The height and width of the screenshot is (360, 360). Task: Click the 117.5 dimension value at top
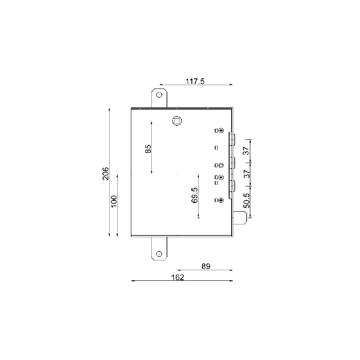tap(195, 81)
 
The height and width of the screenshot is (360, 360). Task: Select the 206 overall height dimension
tap(106, 173)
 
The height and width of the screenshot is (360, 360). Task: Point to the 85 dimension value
tap(148, 149)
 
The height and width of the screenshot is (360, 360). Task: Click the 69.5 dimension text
tap(194, 196)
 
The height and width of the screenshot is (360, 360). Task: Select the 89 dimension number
tap(206, 266)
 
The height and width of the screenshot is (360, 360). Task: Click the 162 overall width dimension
tap(178, 277)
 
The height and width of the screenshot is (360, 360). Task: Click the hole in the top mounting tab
tap(159, 94)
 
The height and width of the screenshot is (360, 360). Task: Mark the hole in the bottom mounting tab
tap(159, 254)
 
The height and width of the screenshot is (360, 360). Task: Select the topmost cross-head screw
tap(221, 131)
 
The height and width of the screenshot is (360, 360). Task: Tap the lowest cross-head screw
tap(221, 200)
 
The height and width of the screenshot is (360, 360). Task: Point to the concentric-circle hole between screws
tap(221, 165)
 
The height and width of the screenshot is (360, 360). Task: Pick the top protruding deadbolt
tap(233, 138)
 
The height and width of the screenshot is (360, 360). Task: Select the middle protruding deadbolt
tap(233, 162)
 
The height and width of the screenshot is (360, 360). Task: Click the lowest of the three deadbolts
tap(233, 186)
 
